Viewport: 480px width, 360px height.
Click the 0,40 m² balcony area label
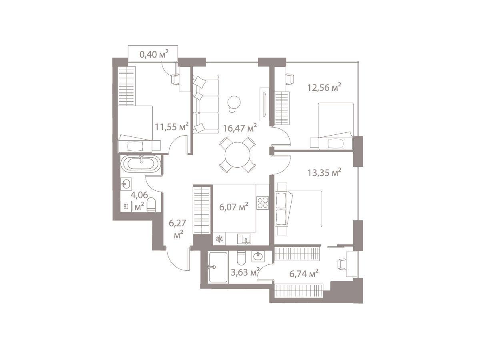pyautogui.click(x=154, y=54)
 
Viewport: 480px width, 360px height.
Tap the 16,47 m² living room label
pyautogui.click(x=240, y=128)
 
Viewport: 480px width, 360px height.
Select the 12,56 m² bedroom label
pyautogui.click(x=324, y=88)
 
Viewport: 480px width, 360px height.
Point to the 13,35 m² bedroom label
pyautogui.click(x=324, y=173)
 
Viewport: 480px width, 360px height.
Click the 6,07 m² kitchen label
pyautogui.click(x=234, y=206)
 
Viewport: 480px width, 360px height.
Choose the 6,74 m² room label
pyautogui.click(x=304, y=274)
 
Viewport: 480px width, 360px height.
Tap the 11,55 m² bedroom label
pyautogui.click(x=172, y=126)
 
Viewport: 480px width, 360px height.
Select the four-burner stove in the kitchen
pyautogui.click(x=262, y=203)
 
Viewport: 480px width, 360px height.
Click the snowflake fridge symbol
pyautogui.click(x=219, y=239)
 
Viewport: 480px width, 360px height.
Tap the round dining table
pyautogui.click(x=237, y=154)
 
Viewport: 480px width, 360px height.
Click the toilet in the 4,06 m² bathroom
pyautogui.click(x=151, y=204)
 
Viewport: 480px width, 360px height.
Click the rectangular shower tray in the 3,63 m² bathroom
pyautogui.click(x=218, y=268)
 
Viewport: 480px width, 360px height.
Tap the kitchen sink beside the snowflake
pyautogui.click(x=244, y=239)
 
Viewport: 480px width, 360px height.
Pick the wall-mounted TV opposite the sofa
pyautogui.click(x=264, y=104)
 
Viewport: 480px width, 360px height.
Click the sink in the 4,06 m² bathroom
pyautogui.click(x=126, y=184)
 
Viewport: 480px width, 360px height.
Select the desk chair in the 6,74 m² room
pyautogui.click(x=342, y=264)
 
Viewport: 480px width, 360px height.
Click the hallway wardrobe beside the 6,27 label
pyautogui.click(x=202, y=210)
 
